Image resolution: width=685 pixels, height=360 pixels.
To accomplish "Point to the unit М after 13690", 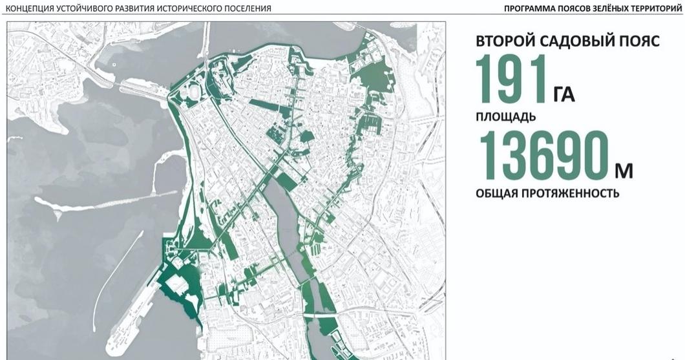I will click(x=624, y=171).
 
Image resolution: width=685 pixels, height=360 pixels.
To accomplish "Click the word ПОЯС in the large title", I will click(x=638, y=41).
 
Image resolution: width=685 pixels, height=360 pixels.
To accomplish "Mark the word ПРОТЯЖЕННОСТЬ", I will click(x=572, y=193).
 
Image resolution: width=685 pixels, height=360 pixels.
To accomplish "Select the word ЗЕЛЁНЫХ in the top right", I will click(x=606, y=8).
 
